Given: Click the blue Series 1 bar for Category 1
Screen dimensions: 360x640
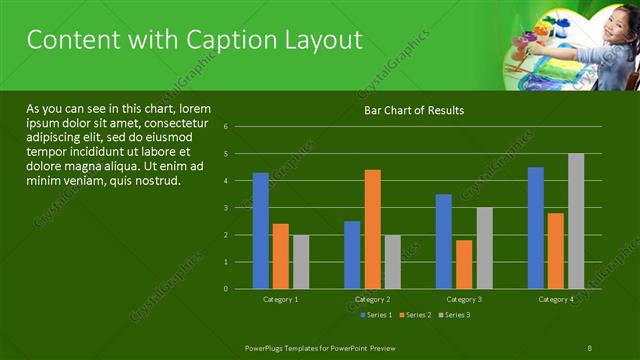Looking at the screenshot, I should click(261, 231).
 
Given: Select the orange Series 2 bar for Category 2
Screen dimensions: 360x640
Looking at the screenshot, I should click(372, 229).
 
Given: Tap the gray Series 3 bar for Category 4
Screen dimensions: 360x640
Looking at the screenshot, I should click(576, 221).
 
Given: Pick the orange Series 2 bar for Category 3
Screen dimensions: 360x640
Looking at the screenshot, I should click(464, 264).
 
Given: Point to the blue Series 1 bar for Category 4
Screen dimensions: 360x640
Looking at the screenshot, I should click(536, 228).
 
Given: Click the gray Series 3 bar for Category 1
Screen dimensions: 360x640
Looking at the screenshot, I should click(301, 262).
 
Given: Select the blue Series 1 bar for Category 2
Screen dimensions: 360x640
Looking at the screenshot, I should click(352, 255).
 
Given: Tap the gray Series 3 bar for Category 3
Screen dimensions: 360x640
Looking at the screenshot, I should click(484, 248).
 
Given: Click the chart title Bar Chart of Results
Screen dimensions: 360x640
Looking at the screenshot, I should click(413, 110).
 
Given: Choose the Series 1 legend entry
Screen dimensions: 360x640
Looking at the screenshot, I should click(375, 316).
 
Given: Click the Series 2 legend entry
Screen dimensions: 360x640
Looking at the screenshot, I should click(416, 316).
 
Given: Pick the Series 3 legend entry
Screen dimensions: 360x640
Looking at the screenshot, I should click(454, 316).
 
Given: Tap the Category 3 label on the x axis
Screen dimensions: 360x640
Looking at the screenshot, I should click(464, 299).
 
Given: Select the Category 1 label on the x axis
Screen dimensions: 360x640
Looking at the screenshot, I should click(281, 299).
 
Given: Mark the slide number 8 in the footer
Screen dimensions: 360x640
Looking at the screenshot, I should click(590, 346).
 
